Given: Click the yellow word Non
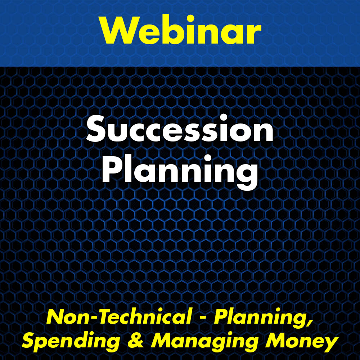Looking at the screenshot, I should click(x=63, y=317).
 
